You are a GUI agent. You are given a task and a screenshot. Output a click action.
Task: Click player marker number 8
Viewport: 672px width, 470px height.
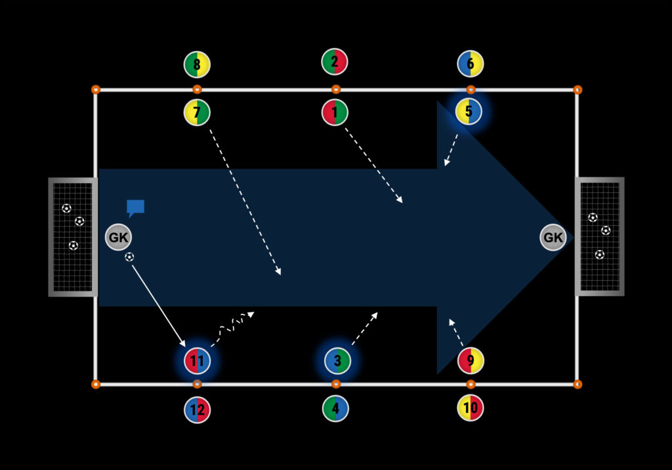[197, 64]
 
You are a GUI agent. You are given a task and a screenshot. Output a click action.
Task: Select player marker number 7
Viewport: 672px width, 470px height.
[197, 112]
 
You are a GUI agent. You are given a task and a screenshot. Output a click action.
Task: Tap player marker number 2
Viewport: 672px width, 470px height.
[335, 62]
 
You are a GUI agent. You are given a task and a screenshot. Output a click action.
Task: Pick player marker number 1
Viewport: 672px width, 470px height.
[335, 112]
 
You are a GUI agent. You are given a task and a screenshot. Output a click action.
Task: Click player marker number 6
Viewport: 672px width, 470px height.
[471, 64]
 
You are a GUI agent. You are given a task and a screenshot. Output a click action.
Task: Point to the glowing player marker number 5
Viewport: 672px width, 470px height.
[469, 112]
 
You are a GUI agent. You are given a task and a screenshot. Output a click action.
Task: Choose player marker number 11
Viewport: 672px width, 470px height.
[197, 360]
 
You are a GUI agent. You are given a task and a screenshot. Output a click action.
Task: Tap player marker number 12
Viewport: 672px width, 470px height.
[197, 410]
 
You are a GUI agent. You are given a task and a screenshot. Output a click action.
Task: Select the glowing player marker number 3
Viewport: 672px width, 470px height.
[337, 360]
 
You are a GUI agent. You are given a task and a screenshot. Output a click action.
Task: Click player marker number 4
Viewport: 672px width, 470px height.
[335, 408]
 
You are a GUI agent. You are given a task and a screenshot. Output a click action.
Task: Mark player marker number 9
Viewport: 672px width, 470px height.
[471, 360]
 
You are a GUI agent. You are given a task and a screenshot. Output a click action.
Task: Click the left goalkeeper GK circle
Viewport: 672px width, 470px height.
[118, 238]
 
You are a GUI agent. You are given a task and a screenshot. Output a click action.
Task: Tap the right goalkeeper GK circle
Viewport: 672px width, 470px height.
[553, 238]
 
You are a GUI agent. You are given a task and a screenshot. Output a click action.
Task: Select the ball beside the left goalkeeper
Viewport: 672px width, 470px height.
[129, 257]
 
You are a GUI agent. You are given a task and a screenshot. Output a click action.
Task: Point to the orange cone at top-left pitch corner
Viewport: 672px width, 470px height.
[95, 89]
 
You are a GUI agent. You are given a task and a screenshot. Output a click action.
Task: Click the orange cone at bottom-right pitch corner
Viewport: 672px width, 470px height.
[577, 384]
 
